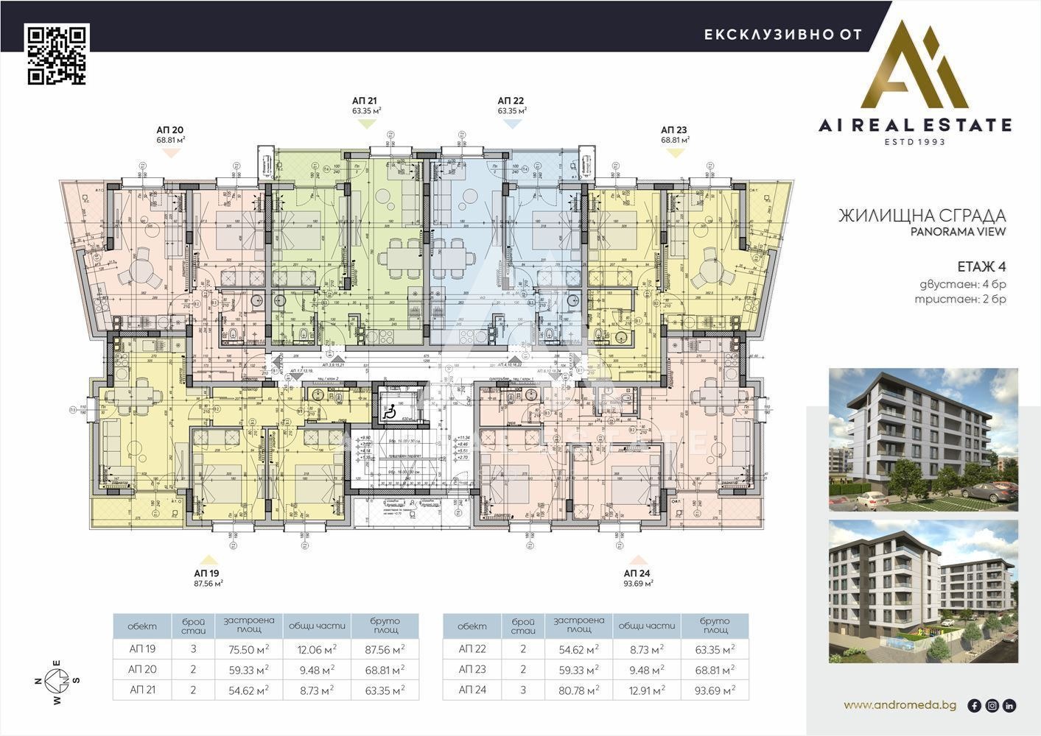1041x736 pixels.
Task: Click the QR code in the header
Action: (x=57, y=55)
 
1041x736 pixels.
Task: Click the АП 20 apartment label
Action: (x=170, y=129)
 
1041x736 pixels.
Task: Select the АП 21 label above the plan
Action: (x=365, y=100)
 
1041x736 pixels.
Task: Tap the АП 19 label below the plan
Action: (x=207, y=573)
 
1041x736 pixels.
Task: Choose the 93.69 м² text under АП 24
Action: (x=637, y=583)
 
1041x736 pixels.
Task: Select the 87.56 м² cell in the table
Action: (x=385, y=649)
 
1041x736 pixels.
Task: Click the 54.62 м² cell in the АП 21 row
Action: (x=249, y=690)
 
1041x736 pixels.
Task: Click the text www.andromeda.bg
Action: (x=900, y=705)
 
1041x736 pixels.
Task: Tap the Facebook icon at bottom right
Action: (x=975, y=706)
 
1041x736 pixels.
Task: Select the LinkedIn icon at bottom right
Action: (x=1009, y=706)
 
